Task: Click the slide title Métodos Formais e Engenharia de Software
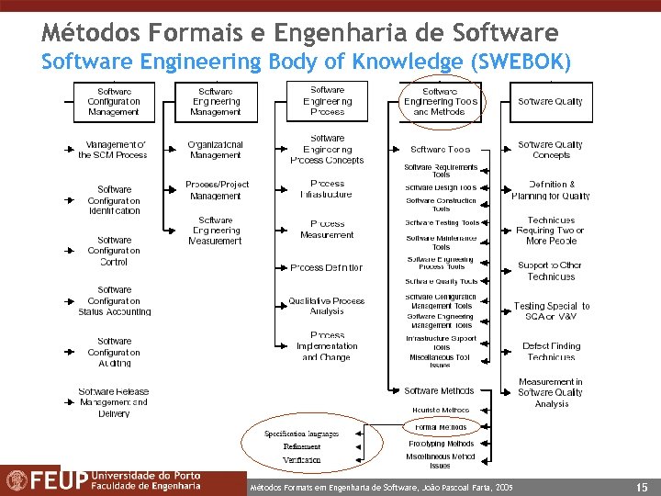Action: (x=299, y=33)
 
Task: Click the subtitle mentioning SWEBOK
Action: (x=306, y=62)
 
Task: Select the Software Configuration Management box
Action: (x=114, y=101)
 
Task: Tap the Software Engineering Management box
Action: (x=215, y=101)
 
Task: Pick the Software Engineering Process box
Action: (x=327, y=101)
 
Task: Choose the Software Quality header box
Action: (x=550, y=101)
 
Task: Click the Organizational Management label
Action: (x=215, y=150)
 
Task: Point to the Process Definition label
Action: (x=327, y=268)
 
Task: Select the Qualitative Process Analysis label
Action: (x=327, y=306)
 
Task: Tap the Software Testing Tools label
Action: (x=442, y=222)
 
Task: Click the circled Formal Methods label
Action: (x=441, y=427)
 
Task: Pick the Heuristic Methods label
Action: (x=441, y=411)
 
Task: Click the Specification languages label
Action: (x=301, y=434)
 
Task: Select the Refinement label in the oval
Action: (x=302, y=446)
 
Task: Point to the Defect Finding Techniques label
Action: (x=551, y=351)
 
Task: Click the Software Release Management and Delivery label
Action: (x=113, y=402)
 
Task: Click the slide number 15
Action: (x=642, y=484)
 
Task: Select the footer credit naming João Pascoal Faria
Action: (x=382, y=485)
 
